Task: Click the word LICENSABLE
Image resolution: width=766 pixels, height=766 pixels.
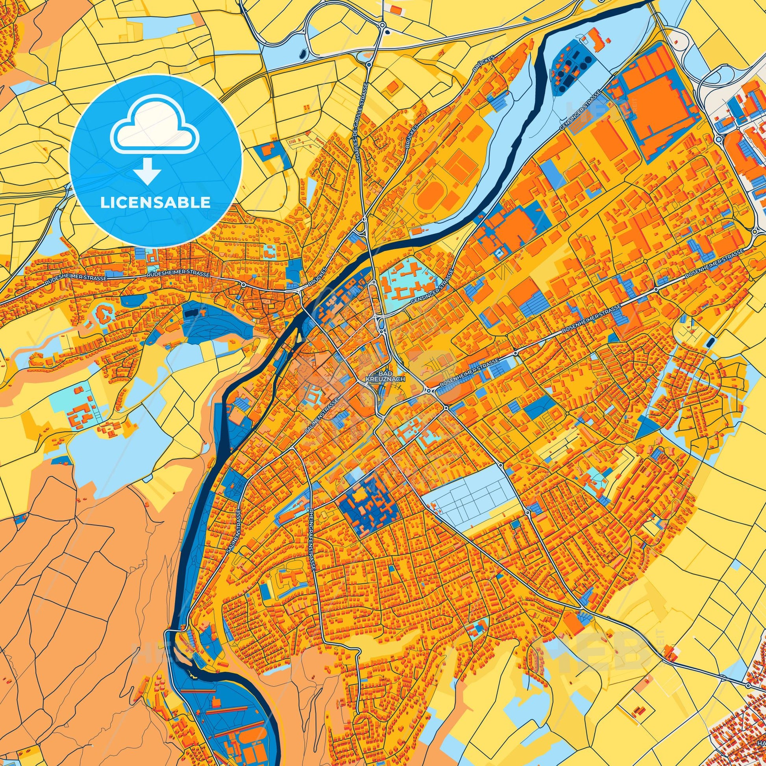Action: pyautogui.click(x=155, y=203)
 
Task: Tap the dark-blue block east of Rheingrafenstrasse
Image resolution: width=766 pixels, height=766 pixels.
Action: pyautogui.click(x=367, y=500)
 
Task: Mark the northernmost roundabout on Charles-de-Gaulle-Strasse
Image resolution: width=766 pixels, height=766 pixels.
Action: pyautogui.click(x=383, y=24)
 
